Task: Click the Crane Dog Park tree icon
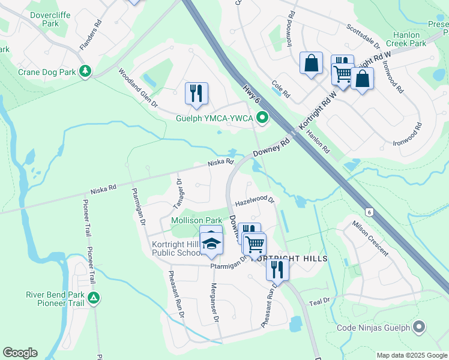[x=86, y=72]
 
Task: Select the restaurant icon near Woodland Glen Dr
[x=196, y=93]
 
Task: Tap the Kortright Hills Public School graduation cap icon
[x=211, y=243]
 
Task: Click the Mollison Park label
[x=197, y=221]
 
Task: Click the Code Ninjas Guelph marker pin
[x=420, y=328]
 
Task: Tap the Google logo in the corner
[x=20, y=353]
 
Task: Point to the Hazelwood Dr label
[x=254, y=200]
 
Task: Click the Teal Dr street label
[x=319, y=301]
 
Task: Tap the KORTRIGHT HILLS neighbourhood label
[x=289, y=258]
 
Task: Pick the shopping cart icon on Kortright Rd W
[x=342, y=74]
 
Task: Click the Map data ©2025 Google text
[x=412, y=355]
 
